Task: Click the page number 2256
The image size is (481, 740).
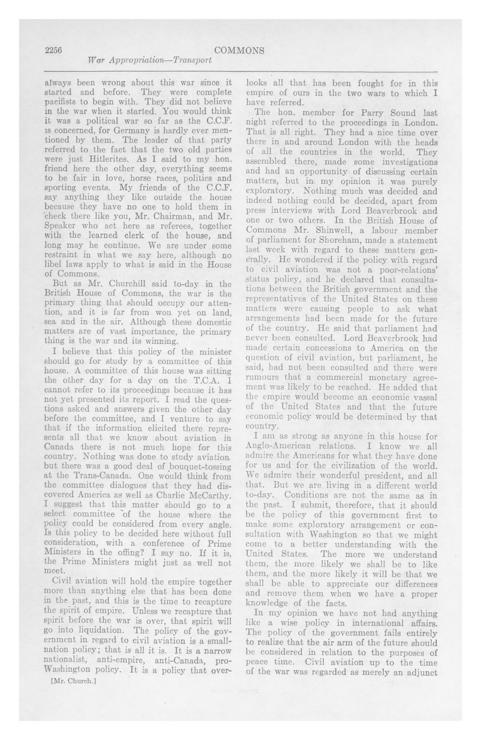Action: click(54, 50)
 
